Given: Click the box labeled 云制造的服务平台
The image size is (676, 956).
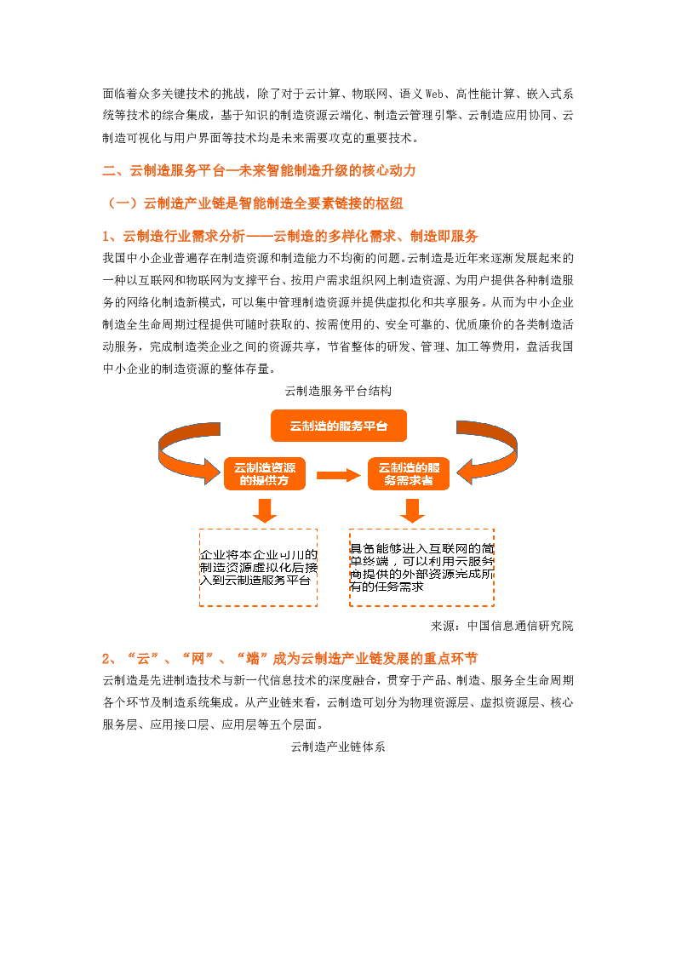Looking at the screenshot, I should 338,426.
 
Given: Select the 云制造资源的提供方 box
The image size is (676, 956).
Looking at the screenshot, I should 265,474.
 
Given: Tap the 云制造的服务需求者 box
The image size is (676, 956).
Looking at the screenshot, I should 409,474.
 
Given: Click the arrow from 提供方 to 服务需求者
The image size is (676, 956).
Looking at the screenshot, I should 338,475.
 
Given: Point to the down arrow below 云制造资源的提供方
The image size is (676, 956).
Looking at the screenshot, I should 265,510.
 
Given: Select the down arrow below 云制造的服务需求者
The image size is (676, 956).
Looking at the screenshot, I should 413,510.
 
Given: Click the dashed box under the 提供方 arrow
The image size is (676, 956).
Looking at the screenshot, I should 258,567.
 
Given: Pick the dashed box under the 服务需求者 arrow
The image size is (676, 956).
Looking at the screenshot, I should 421,567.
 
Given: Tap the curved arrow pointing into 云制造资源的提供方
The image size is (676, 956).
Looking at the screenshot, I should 183,451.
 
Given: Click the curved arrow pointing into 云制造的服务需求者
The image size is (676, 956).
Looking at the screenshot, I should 492,451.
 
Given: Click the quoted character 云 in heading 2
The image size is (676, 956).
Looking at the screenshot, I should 143,659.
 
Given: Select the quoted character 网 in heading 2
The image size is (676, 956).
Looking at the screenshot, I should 198,659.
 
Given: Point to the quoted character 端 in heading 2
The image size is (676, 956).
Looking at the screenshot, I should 252,659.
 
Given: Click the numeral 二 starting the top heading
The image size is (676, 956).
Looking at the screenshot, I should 108,170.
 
